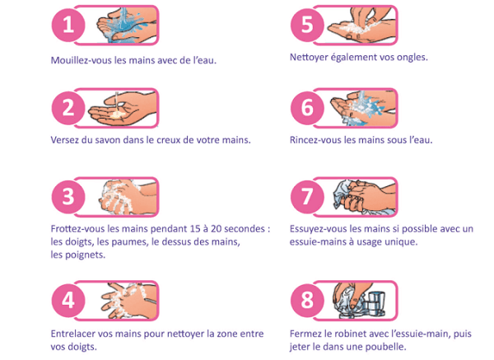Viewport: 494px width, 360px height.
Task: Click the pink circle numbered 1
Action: [x=68, y=25]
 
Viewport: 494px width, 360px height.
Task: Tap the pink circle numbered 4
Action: [x=68, y=300]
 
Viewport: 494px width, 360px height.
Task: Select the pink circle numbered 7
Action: [x=307, y=197]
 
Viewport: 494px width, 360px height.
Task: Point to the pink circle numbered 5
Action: [x=307, y=25]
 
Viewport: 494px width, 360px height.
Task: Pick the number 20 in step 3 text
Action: [x=217, y=228]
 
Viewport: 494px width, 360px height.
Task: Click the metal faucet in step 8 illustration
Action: [x=374, y=303]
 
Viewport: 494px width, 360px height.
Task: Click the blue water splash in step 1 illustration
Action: [x=123, y=26]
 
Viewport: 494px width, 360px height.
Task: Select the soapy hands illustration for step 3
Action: [x=128, y=197]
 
